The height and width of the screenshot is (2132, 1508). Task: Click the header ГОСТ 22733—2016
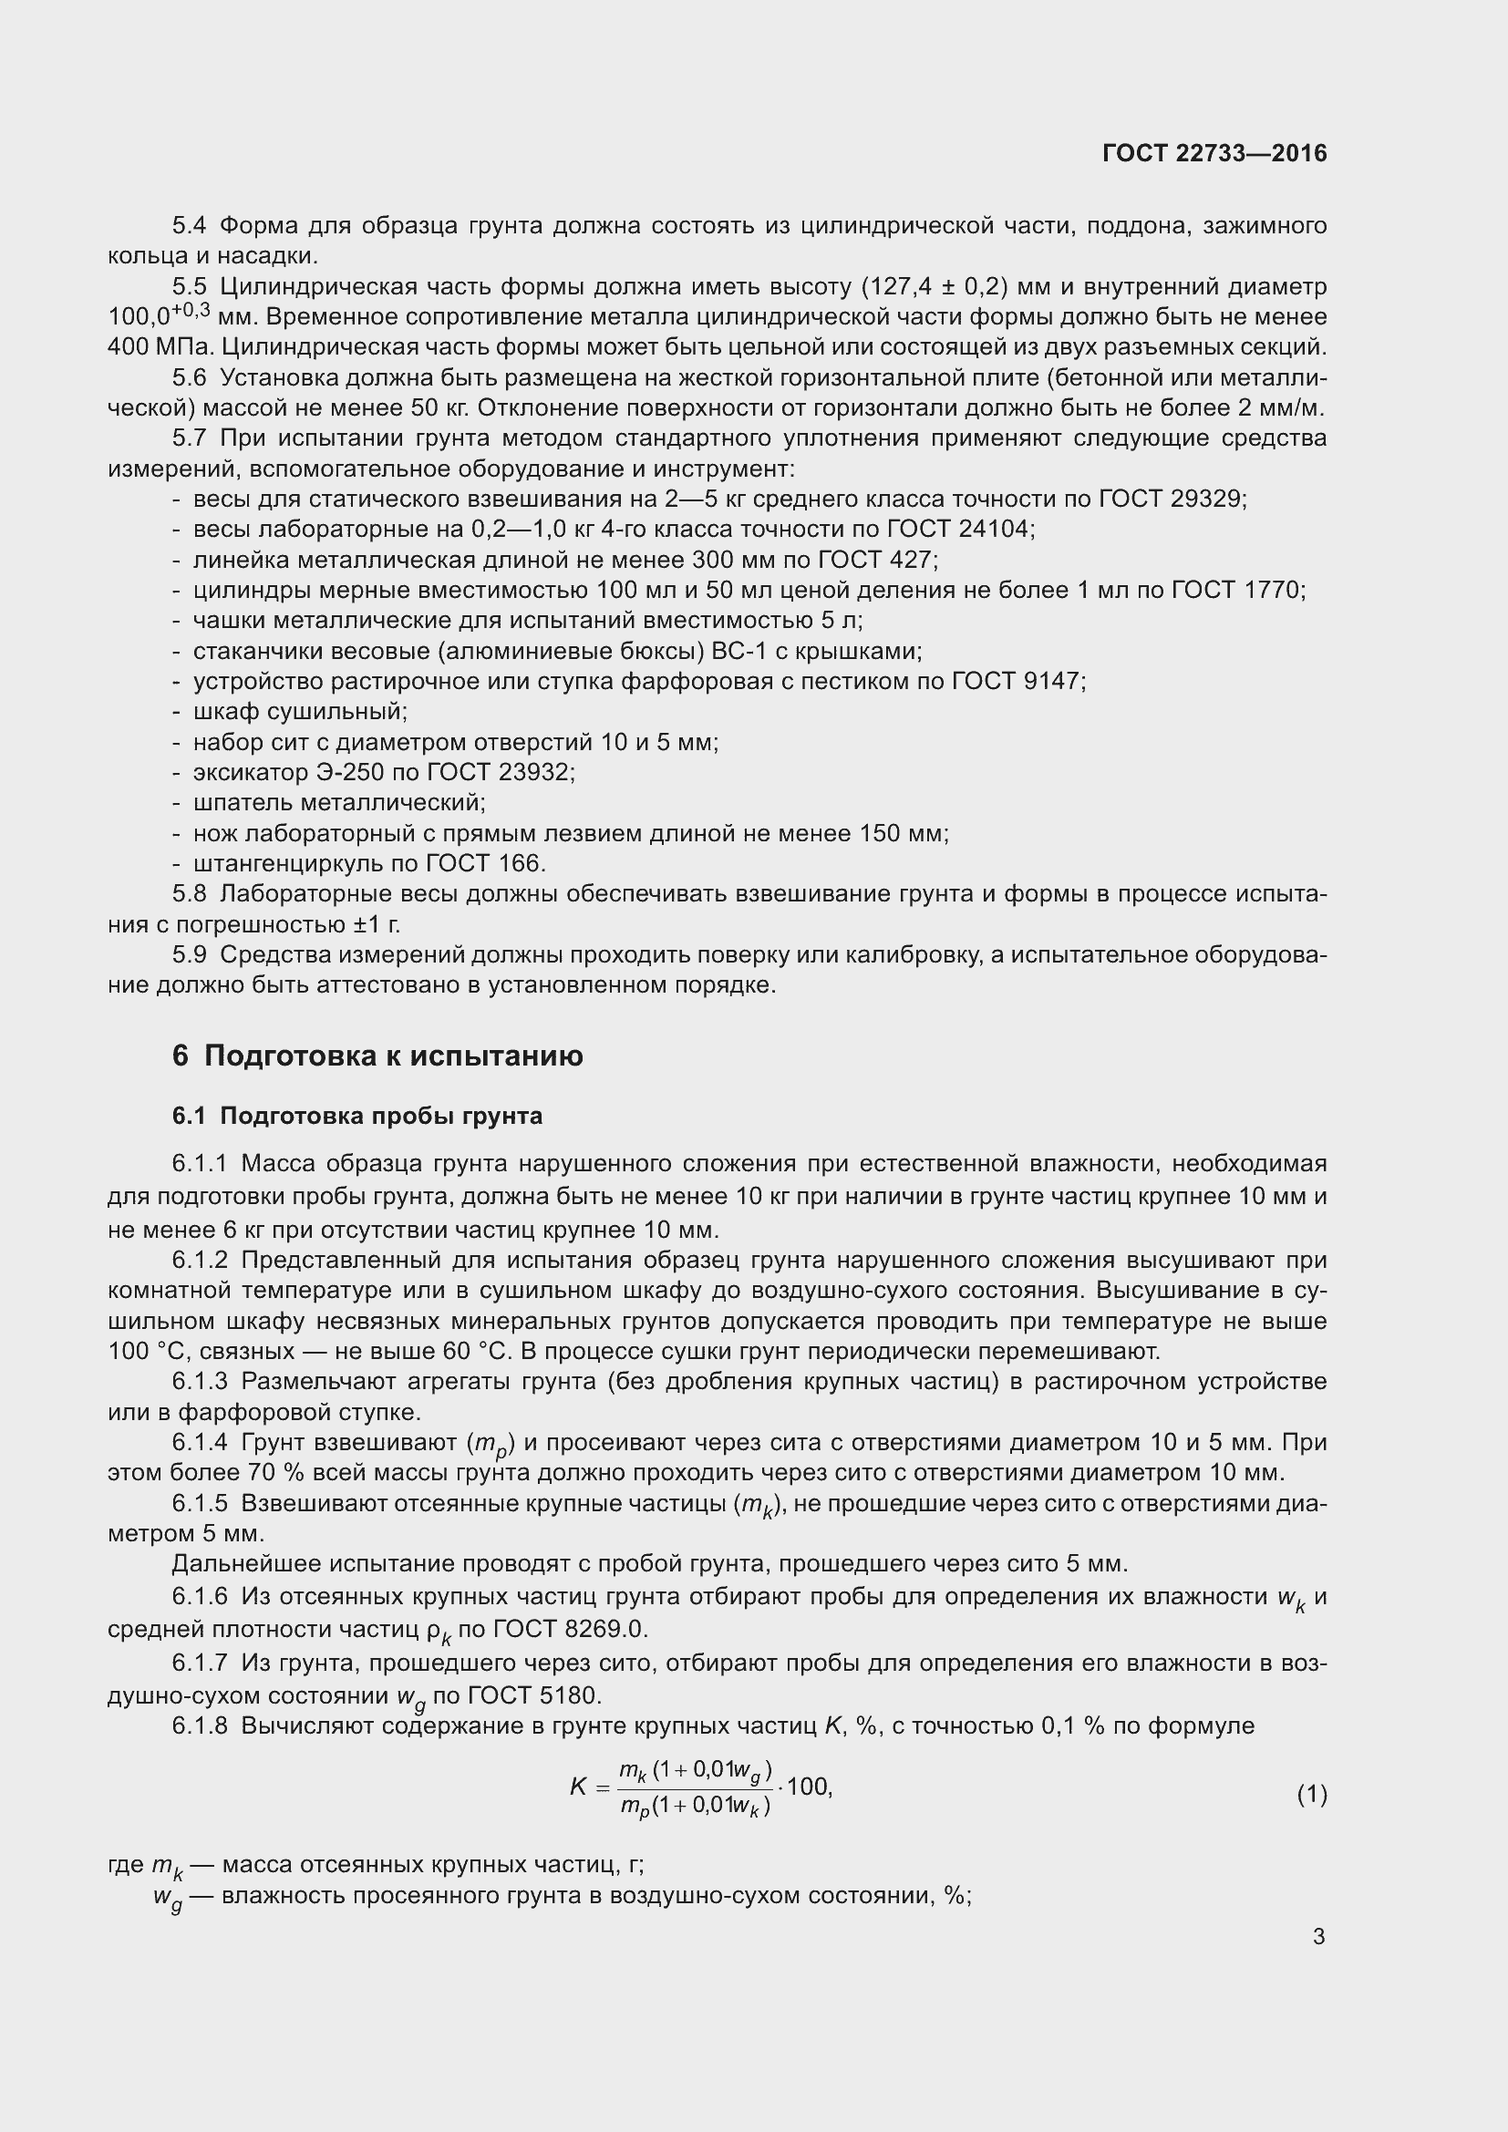click(x=1214, y=153)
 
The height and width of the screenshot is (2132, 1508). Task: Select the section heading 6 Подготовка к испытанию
click(x=377, y=1056)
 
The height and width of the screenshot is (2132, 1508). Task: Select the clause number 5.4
click(x=190, y=226)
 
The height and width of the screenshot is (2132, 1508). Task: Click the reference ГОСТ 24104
click(x=958, y=530)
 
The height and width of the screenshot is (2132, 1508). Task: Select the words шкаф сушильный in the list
click(x=299, y=711)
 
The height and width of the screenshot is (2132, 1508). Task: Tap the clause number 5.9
click(x=190, y=954)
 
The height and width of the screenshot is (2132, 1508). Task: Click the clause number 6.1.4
click(x=200, y=1442)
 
